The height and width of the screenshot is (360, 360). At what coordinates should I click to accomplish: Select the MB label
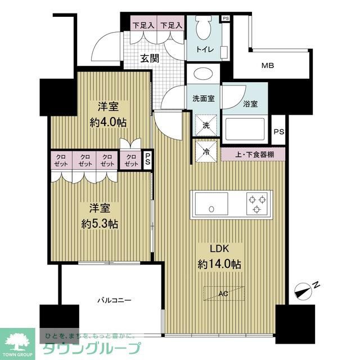coord(268,66)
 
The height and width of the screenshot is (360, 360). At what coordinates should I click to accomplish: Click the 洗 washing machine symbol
coord(206,125)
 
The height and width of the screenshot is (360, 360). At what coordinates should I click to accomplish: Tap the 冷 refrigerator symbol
coord(206,151)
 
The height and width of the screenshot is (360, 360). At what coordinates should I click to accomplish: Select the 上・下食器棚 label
coord(254,154)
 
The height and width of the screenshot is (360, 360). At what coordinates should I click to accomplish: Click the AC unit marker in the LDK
coord(223,294)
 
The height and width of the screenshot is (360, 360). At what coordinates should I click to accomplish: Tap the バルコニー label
coord(114,301)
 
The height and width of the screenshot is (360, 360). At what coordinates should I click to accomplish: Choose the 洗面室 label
coord(203,98)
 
